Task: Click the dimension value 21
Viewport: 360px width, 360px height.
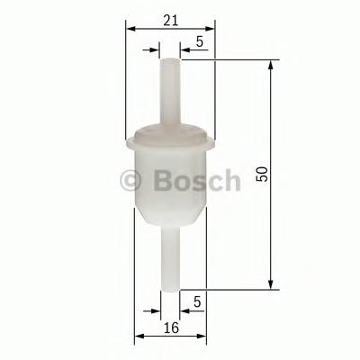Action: (x=170, y=18)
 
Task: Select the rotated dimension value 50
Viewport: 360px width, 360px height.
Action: (x=262, y=175)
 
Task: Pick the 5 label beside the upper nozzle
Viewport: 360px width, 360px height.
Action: (x=199, y=41)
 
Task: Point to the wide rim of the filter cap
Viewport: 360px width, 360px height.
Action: (x=170, y=138)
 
